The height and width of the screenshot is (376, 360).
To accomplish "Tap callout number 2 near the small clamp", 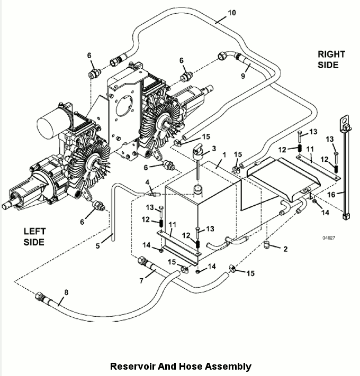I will (285, 249).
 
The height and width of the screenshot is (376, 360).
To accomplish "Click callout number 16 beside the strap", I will (346, 194).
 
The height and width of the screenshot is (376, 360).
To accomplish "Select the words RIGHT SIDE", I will (331, 59).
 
